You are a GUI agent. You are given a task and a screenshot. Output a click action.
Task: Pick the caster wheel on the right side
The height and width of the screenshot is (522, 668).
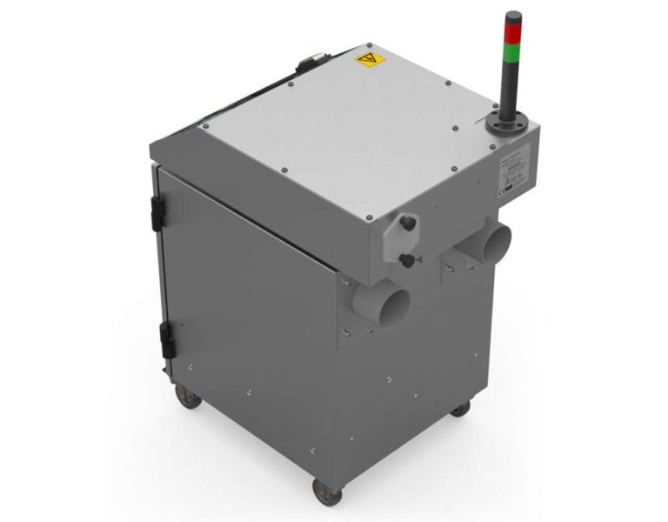[459, 407]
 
